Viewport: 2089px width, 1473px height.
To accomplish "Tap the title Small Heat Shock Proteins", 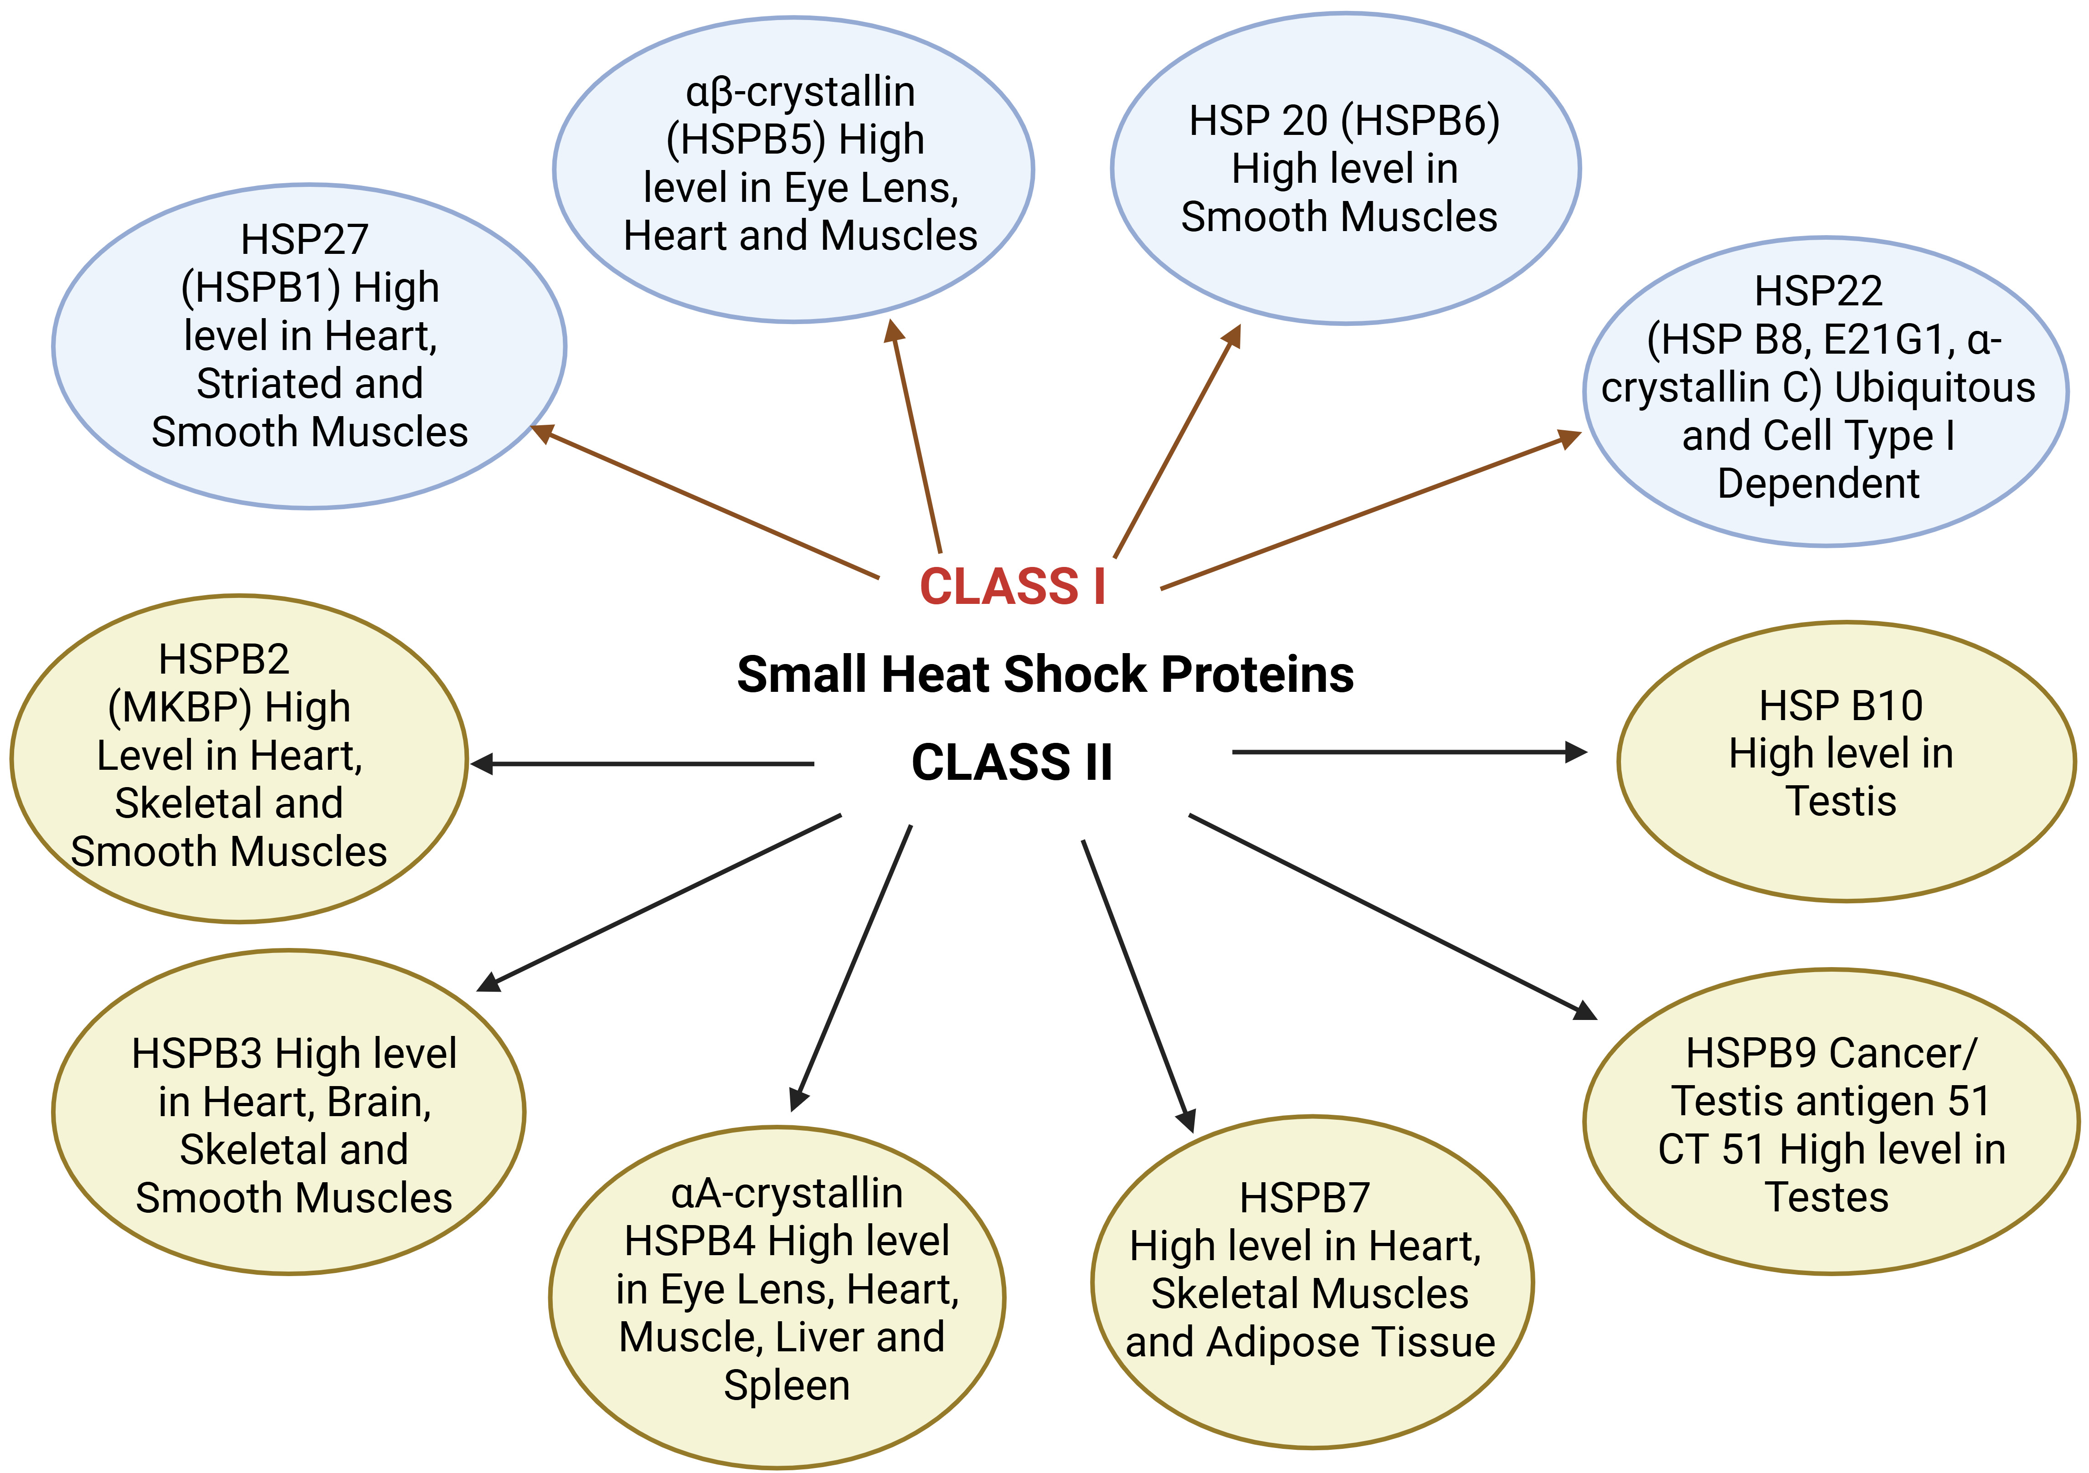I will click(x=1044, y=674).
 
